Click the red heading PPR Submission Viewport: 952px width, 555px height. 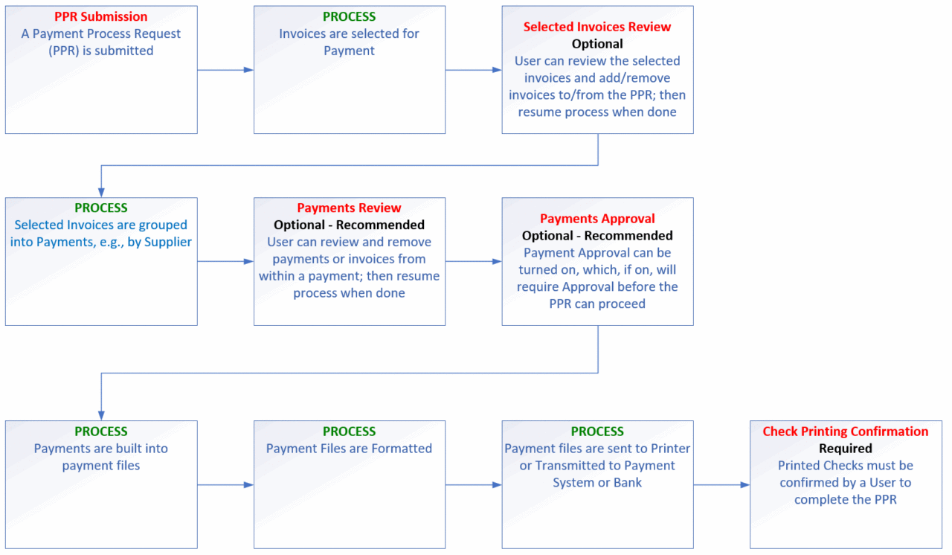[100, 16]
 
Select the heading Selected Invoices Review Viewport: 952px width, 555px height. [597, 27]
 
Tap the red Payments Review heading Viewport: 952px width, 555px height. [349, 208]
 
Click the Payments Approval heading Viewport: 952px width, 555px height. [597, 219]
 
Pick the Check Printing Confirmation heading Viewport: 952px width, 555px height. [846, 432]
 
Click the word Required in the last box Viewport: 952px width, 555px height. [846, 449]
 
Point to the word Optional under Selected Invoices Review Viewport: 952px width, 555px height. [597, 44]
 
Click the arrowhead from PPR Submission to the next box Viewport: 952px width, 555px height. [248, 70]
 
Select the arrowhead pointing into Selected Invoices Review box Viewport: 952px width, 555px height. [497, 70]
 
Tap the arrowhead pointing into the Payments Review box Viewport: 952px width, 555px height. [248, 261]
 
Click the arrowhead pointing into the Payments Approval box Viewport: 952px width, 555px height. [497, 261]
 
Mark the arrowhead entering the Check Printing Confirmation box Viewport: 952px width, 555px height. [744, 485]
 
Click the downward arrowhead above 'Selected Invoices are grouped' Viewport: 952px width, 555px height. [101, 193]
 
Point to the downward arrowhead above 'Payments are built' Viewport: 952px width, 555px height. [101, 416]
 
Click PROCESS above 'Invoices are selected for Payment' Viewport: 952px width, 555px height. [349, 16]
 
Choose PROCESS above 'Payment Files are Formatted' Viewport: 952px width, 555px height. [349, 432]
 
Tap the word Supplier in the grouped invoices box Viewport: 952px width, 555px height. [168, 243]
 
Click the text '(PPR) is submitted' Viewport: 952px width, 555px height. [100, 51]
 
